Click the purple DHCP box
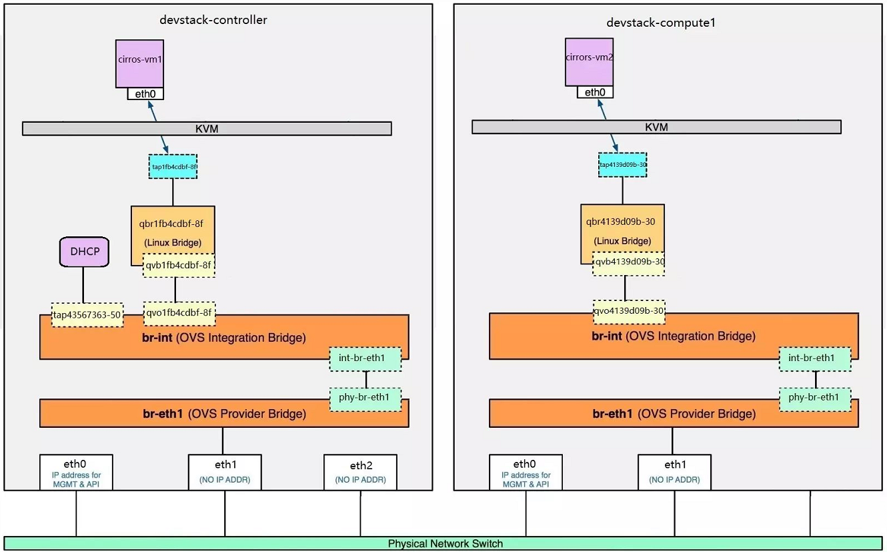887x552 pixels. click(x=83, y=252)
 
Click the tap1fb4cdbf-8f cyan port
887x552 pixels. click(x=173, y=166)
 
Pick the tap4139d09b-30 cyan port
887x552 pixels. click(x=622, y=164)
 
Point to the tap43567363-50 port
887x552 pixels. click(x=87, y=315)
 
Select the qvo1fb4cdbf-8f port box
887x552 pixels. click(x=179, y=312)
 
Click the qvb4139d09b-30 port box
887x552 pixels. click(x=628, y=262)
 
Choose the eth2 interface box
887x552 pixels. click(x=360, y=472)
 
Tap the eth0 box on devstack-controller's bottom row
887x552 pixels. click(x=76, y=472)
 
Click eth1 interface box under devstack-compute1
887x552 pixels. click(x=674, y=472)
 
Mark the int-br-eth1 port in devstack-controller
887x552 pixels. click(x=365, y=358)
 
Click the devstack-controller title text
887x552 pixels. click(x=213, y=19)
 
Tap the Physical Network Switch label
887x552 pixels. click(x=446, y=543)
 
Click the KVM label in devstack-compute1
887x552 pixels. click(x=656, y=127)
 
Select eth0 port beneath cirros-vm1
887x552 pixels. click(x=145, y=94)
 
